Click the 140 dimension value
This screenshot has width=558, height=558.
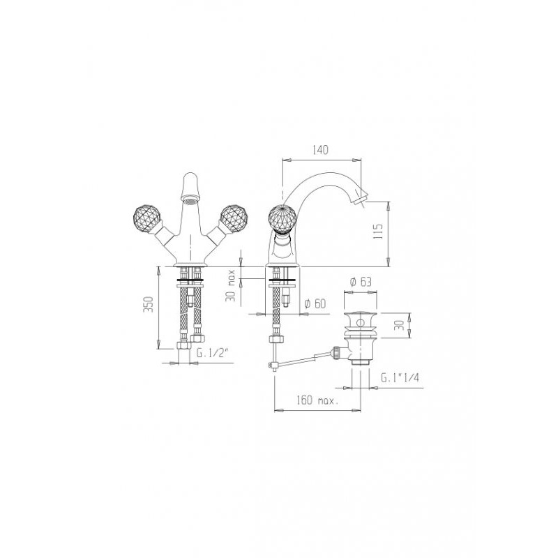click(x=320, y=150)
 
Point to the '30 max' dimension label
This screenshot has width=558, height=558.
click(x=232, y=285)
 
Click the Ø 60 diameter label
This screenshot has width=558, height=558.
click(x=315, y=303)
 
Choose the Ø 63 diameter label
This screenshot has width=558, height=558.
click(x=361, y=282)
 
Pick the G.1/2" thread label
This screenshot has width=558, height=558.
click(x=212, y=353)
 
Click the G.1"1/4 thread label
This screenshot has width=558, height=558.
click(x=400, y=377)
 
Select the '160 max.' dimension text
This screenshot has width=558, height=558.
click(x=317, y=400)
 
